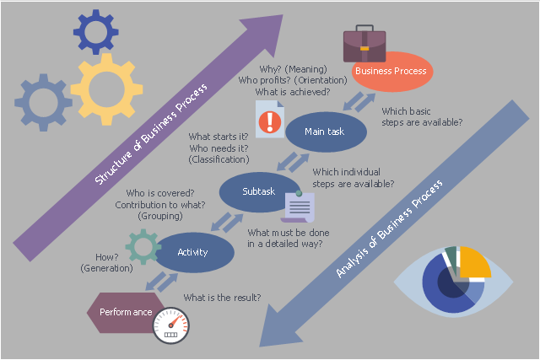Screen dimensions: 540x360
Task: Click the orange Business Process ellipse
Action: [x=392, y=72]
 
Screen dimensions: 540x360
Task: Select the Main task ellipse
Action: [x=327, y=132]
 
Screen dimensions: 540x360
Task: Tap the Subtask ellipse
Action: [x=258, y=192]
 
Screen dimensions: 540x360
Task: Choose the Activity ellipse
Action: [x=195, y=253]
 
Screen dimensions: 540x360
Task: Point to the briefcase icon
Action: [x=364, y=44]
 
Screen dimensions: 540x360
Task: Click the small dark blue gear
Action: [x=95, y=32]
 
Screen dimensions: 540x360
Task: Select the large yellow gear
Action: [x=107, y=89]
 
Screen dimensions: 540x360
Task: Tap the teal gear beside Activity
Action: [x=143, y=247]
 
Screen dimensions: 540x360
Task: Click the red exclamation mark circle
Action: [x=270, y=122]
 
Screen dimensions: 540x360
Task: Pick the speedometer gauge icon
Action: [x=171, y=325]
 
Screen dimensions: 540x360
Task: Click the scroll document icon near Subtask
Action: [x=298, y=207]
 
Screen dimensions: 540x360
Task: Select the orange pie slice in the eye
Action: [x=474, y=261]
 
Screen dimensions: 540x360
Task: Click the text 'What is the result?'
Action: [x=222, y=298]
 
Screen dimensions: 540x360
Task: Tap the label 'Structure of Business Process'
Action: [x=151, y=133]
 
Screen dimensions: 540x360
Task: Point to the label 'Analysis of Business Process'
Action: [x=389, y=228]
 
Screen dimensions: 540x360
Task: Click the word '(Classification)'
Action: [x=219, y=159]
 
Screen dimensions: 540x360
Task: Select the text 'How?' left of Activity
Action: [x=107, y=257]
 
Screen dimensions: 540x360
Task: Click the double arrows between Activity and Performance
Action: [x=162, y=282]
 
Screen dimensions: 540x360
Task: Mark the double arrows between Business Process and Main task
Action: [x=359, y=102]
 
